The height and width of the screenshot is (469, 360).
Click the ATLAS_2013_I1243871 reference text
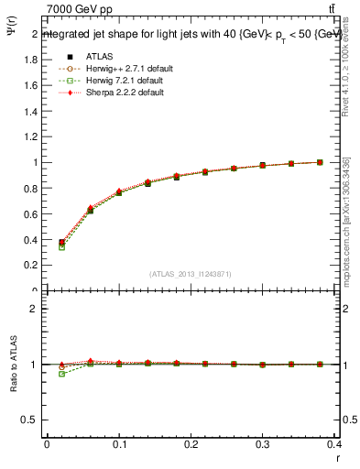click(x=191, y=274)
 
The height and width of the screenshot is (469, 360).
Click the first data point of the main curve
click(x=61, y=243)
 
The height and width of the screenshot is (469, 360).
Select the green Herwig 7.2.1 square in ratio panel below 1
click(x=61, y=374)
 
